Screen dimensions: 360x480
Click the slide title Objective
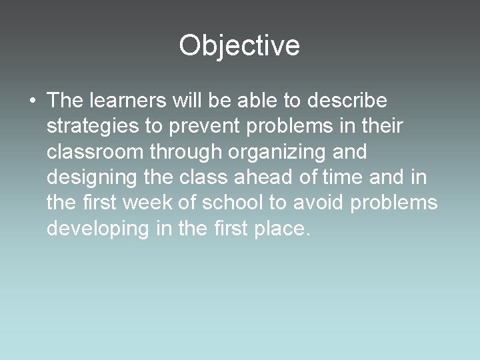pos(239,45)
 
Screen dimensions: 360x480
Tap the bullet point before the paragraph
pos(32,102)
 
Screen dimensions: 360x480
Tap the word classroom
pos(95,151)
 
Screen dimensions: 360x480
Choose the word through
pos(185,152)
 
